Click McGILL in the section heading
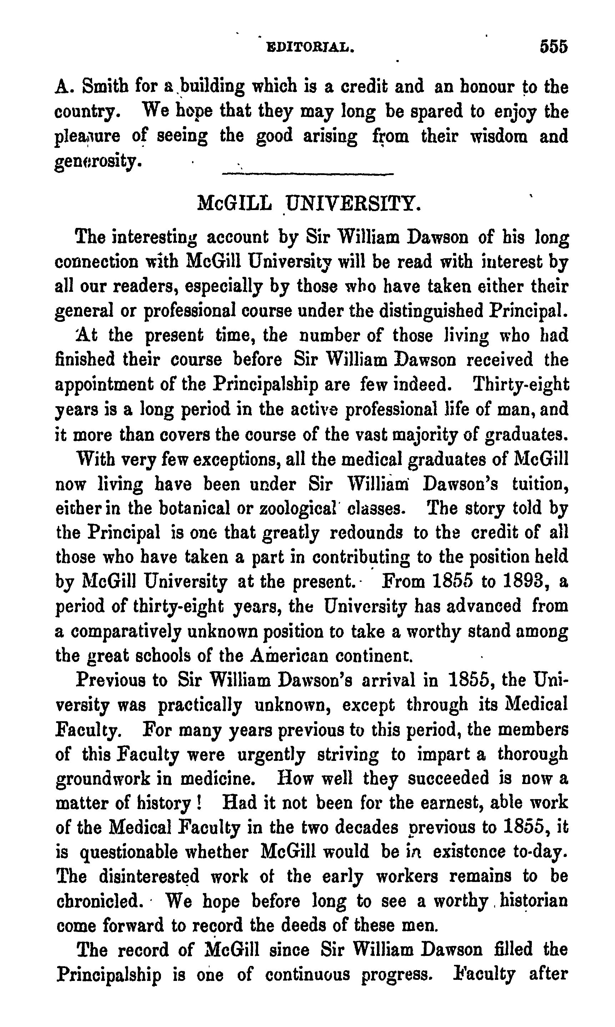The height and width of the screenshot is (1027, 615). [x=235, y=204]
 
